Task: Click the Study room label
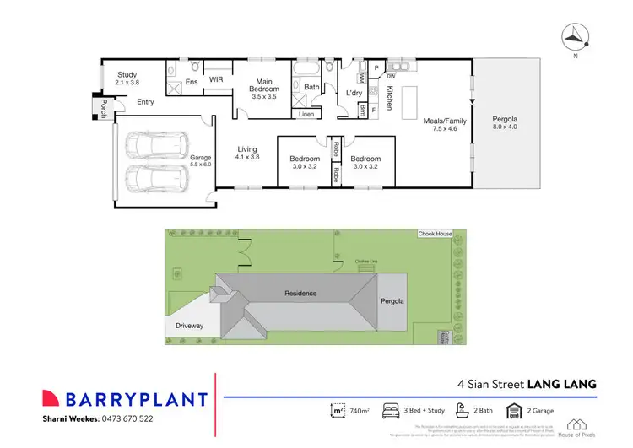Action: (x=127, y=78)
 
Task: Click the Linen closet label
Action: (x=306, y=114)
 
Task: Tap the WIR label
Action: (x=216, y=81)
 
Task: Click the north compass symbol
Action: (x=576, y=35)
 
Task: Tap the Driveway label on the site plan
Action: (x=191, y=324)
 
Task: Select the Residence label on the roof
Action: (x=300, y=293)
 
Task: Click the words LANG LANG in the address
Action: (x=562, y=384)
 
